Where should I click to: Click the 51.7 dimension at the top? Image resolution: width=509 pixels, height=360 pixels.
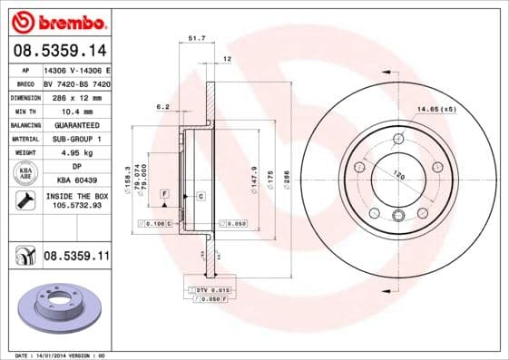tap(196, 38)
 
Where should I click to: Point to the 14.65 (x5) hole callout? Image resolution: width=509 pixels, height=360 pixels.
tap(436, 110)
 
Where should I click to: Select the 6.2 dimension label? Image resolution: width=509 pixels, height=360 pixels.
tap(162, 107)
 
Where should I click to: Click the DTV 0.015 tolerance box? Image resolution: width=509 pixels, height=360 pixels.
tap(207, 288)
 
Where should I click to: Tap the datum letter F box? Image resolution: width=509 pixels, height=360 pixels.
tap(164, 194)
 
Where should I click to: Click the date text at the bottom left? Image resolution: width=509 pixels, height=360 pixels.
tap(54, 355)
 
